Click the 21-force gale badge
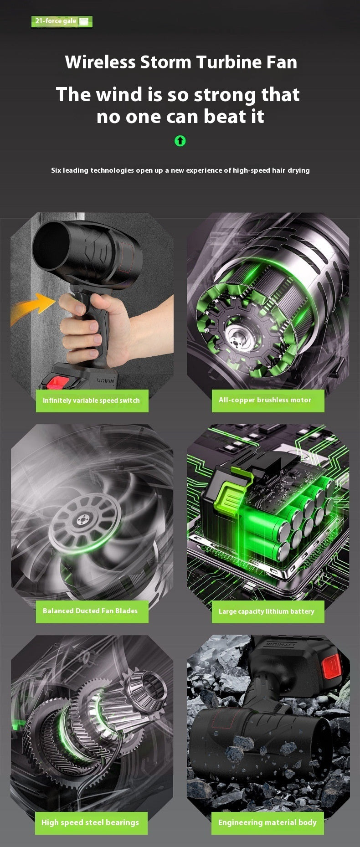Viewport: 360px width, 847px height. tap(62, 21)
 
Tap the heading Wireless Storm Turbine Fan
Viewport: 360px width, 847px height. tap(181, 62)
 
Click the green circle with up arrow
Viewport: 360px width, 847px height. tap(180, 141)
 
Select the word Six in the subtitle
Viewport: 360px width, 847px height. tap(56, 170)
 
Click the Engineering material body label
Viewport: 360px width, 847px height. tap(267, 822)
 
